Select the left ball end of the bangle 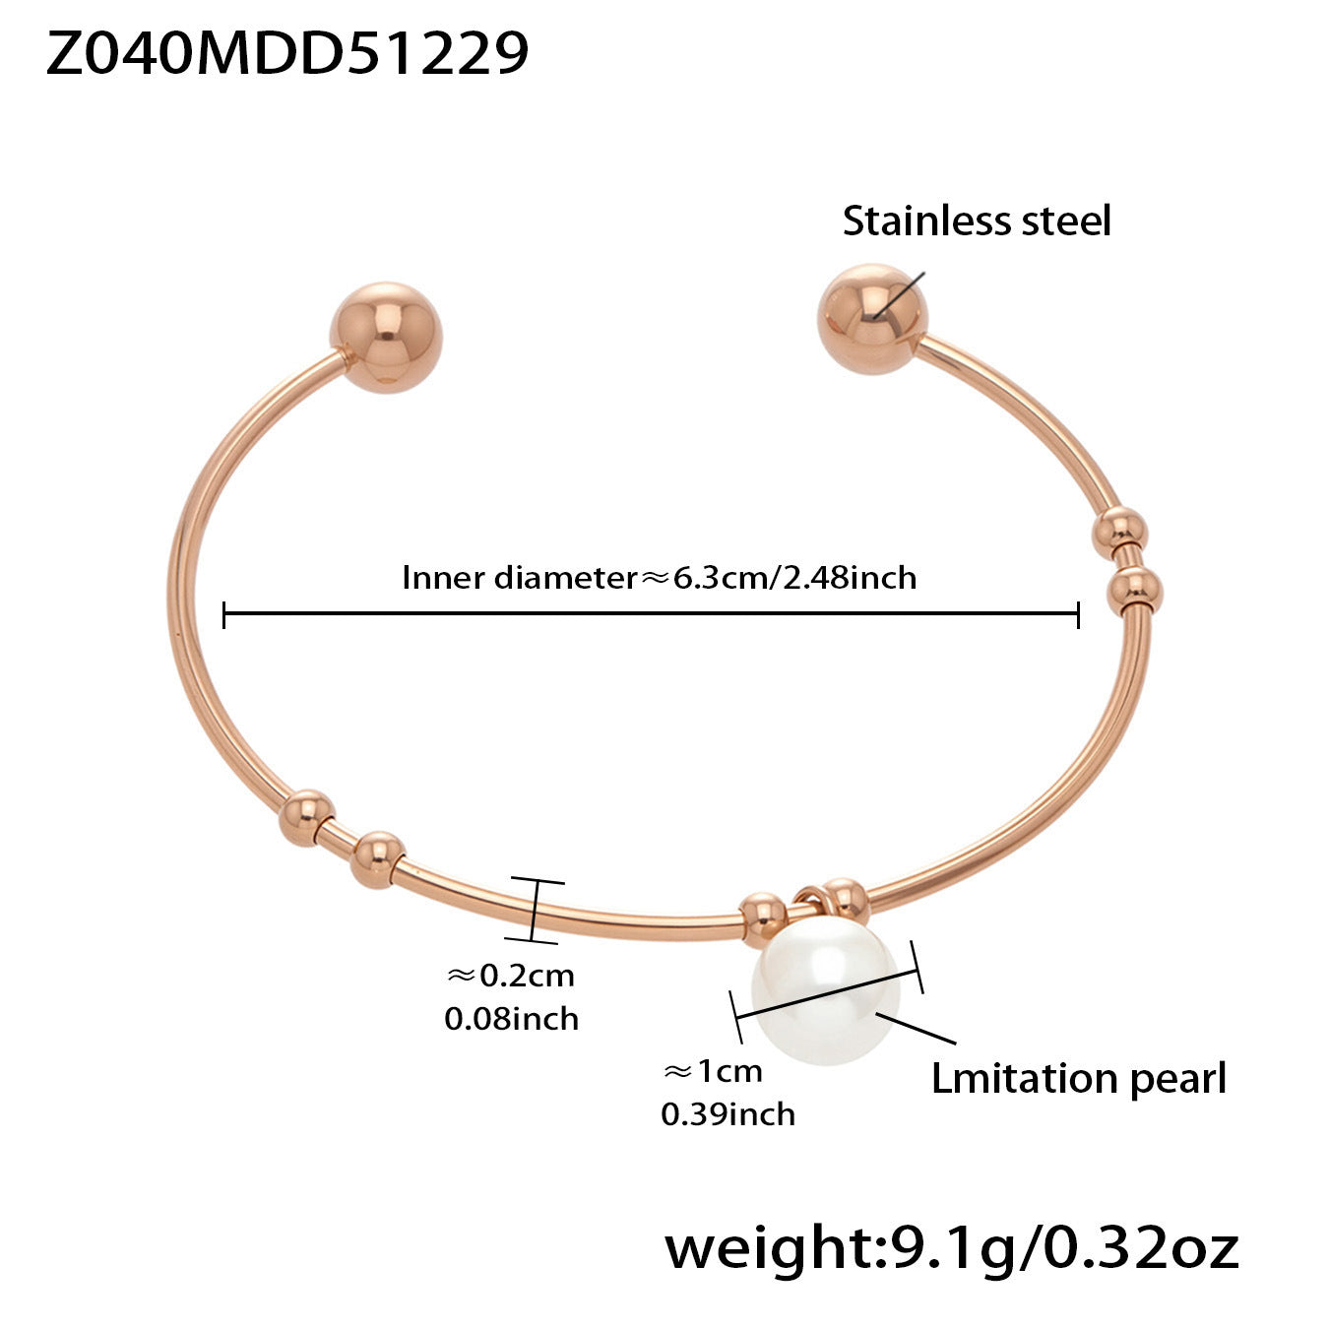tap(386, 337)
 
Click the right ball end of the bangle tap(872, 318)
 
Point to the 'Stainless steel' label tap(976, 221)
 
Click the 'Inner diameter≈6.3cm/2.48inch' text tap(659, 577)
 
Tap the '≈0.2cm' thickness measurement tap(511, 976)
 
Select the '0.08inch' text tap(511, 1018)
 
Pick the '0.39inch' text tap(728, 1114)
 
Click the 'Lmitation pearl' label tap(1078, 1079)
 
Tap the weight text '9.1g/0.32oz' tap(1063, 1248)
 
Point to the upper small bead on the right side tap(1120, 534)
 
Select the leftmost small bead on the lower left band tap(305, 816)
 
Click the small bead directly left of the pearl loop tap(764, 918)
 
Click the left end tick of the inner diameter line tap(224, 616)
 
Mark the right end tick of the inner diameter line tap(1079, 616)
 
